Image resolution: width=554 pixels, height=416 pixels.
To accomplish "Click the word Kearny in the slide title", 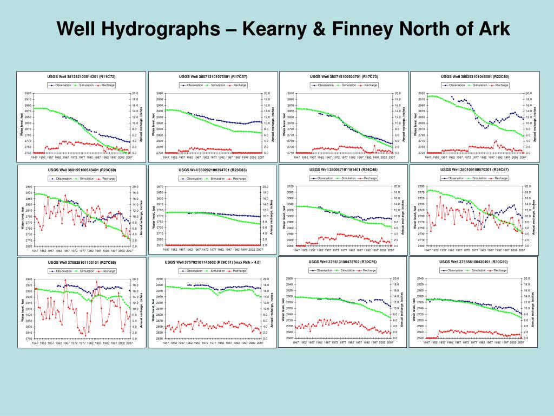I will tap(274, 28).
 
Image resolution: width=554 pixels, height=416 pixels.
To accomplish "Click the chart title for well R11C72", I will tap(81, 77).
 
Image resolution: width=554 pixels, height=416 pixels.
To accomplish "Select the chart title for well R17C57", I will tap(213, 77).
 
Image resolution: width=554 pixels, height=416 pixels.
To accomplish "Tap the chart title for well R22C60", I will tap(475, 77).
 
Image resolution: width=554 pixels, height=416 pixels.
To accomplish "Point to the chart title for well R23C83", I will tap(212, 170).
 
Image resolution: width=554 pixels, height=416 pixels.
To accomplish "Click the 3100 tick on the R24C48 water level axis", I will tap(290, 186).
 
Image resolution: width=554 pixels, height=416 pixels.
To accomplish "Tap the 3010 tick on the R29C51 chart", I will tap(159, 279).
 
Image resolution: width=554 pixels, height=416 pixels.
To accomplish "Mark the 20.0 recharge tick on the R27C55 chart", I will tap(135, 279).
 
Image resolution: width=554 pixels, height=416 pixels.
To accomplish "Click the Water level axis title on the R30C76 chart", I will tap(283, 309).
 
